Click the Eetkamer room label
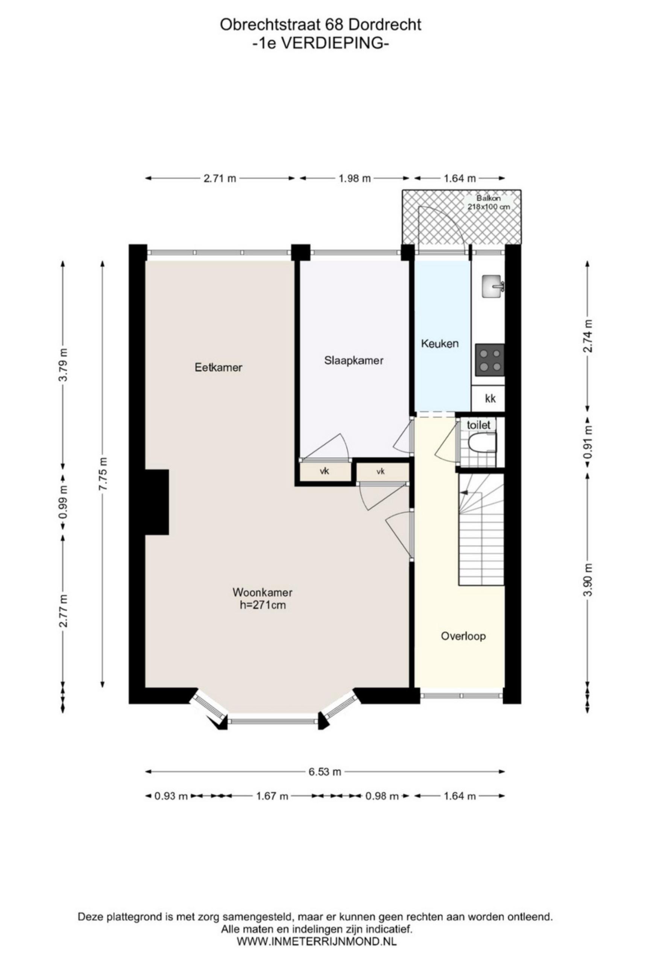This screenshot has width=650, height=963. pos(218,367)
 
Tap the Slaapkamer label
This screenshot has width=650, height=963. pos(353,360)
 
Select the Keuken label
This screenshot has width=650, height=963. pos(440,343)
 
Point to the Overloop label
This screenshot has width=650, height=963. pos(463,636)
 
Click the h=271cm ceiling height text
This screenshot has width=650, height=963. pos(263,605)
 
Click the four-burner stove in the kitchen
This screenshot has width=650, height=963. pos(489,360)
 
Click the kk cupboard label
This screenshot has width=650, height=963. pos(490,399)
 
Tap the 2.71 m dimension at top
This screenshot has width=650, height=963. pos(220,179)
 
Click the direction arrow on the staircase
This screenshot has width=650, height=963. pos(464,492)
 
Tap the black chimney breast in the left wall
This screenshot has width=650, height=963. pos(156,502)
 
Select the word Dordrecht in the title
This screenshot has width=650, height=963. pos(385,25)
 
